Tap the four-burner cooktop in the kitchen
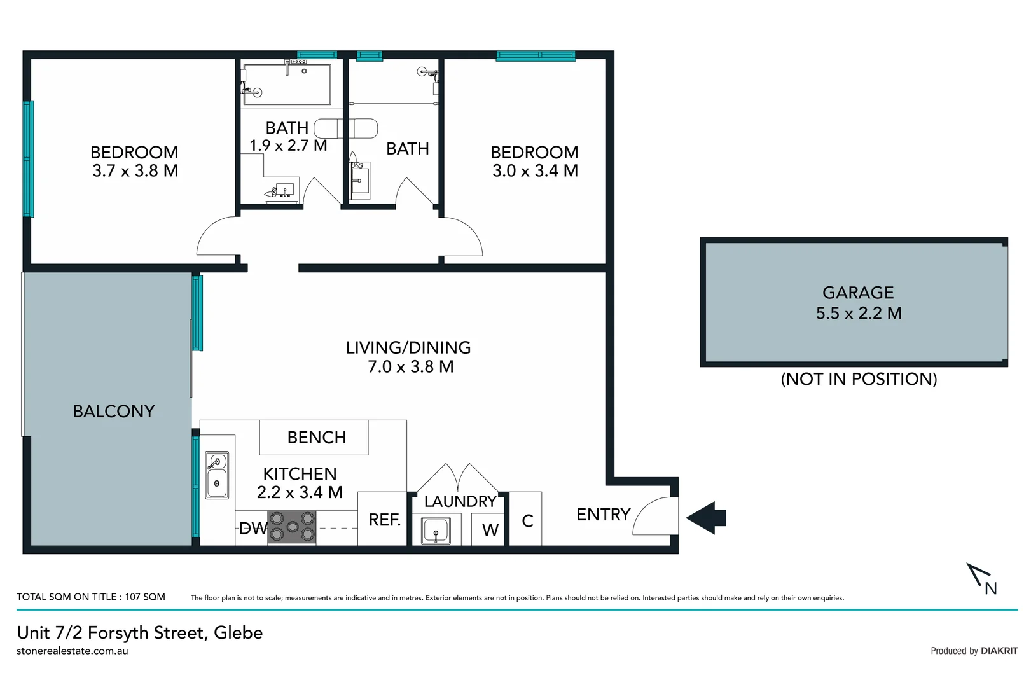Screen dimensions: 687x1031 [x=292, y=527]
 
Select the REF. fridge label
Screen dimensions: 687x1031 [x=384, y=520]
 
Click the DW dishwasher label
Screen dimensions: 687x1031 [x=253, y=529]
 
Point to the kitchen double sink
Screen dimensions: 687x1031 [x=217, y=475]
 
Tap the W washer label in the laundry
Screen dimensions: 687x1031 [x=490, y=530]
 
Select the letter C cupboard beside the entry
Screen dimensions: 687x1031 [x=527, y=521]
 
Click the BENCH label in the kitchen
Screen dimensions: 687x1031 [x=316, y=438]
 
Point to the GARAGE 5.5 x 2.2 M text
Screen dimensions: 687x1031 [x=858, y=303]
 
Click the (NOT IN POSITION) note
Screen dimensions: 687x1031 [x=858, y=379]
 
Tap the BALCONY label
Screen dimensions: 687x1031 [x=114, y=412]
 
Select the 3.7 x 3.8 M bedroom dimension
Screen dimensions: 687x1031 [x=135, y=171]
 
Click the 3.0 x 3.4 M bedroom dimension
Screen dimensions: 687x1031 [x=535, y=171]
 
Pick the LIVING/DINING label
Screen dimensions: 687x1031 [x=408, y=348]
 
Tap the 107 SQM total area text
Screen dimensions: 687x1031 [x=145, y=597]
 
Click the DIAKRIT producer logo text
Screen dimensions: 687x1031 [x=999, y=651]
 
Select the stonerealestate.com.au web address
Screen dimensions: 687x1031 [x=73, y=651]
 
